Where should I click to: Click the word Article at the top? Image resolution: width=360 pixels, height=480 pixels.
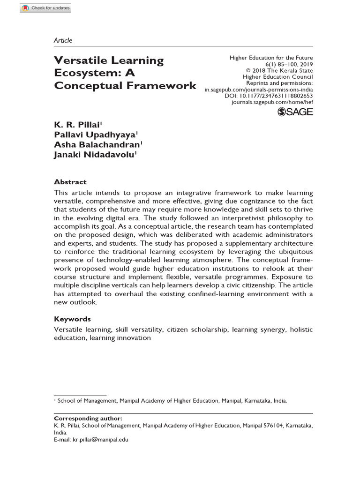pos(63,40)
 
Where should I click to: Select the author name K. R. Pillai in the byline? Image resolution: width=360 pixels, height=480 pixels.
pos(77,125)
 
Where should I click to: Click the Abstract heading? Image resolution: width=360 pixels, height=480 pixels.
pos(70,182)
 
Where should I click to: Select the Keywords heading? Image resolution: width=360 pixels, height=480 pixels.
pos(73,319)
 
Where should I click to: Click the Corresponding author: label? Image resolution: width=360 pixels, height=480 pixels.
pos(88,418)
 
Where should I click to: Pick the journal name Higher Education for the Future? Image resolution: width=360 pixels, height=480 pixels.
pos(271,58)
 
